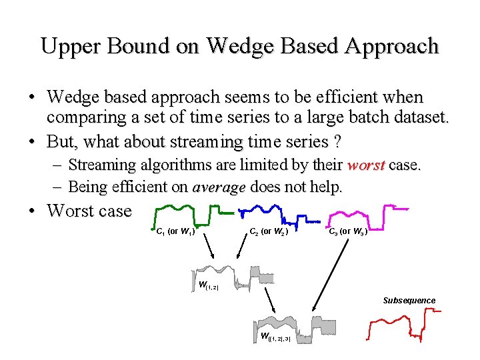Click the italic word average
pyautogui.click(x=219, y=187)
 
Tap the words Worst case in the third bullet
pyautogui.click(x=89, y=211)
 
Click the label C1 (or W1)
pyautogui.click(x=175, y=232)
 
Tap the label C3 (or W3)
pyautogui.click(x=347, y=232)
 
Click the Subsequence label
pyautogui.click(x=409, y=301)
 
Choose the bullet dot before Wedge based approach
pyautogui.click(x=31, y=99)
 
